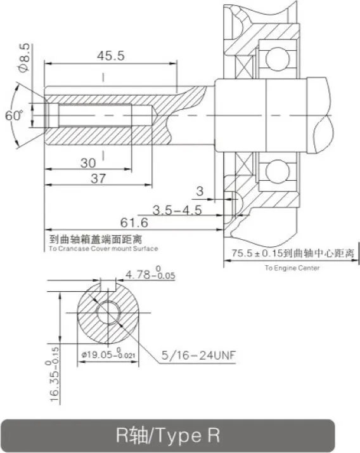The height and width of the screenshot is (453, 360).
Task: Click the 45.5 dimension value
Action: point(111,55)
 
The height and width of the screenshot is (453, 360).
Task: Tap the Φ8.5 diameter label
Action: point(23,58)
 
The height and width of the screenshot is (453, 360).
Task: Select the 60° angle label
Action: point(13,115)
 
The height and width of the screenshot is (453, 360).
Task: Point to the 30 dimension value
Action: point(88,163)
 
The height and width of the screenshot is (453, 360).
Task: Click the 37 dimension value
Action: point(98,178)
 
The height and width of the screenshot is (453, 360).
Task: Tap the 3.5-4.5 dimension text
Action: point(177,210)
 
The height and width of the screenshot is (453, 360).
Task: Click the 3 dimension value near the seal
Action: point(200,191)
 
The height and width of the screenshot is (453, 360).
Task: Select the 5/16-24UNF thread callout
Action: point(198,355)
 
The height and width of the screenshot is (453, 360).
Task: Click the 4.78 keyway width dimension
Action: point(150,273)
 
